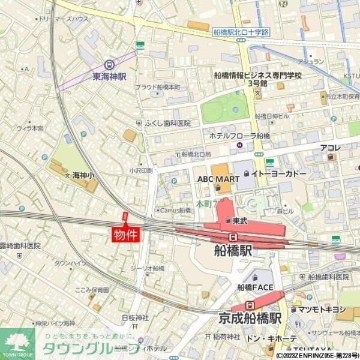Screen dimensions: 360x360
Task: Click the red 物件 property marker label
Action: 125,233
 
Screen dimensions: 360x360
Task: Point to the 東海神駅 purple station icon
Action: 109,64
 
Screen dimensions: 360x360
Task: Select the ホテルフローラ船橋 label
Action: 239,136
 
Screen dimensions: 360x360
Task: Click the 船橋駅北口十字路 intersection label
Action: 241,32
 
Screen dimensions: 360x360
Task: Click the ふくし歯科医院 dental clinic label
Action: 167,123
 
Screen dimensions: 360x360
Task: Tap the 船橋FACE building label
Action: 255,287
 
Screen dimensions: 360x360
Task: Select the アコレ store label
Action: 330,148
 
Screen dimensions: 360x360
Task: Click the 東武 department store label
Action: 240,221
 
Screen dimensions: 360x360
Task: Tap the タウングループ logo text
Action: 78,349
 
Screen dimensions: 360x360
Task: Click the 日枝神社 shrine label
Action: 135,317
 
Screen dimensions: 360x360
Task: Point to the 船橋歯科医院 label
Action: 328,277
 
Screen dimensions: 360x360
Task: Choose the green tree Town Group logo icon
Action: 16,343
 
